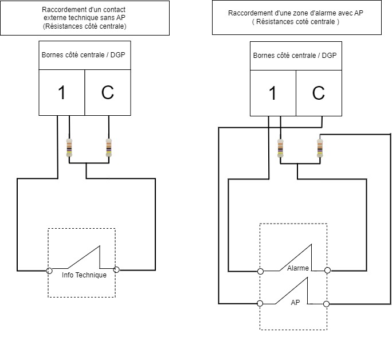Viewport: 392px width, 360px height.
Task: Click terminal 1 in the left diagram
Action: coord(62,93)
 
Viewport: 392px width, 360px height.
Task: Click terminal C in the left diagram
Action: coord(108,93)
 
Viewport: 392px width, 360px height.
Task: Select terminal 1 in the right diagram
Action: coord(273,93)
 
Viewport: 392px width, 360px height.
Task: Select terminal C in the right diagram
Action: coord(319,93)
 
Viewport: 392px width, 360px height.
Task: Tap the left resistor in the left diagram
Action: coord(69,147)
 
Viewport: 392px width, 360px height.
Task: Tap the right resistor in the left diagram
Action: coord(108,147)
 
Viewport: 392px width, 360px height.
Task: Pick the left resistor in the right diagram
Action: coord(280,147)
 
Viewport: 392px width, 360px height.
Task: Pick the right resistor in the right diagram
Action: coord(319,147)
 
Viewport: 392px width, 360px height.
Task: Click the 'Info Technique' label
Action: coord(84,275)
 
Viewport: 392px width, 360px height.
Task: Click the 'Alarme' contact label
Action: coord(298,268)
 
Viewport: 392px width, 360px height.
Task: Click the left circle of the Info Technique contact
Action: coord(49,270)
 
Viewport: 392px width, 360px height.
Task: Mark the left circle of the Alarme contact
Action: coord(261,271)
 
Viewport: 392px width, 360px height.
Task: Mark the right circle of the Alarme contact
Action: coord(327,271)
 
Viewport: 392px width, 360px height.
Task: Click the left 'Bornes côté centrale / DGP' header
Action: coord(84,56)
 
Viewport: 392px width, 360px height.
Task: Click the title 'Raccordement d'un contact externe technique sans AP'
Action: coord(85,18)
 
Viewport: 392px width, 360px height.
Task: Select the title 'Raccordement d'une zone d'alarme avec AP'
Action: coord(296,17)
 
